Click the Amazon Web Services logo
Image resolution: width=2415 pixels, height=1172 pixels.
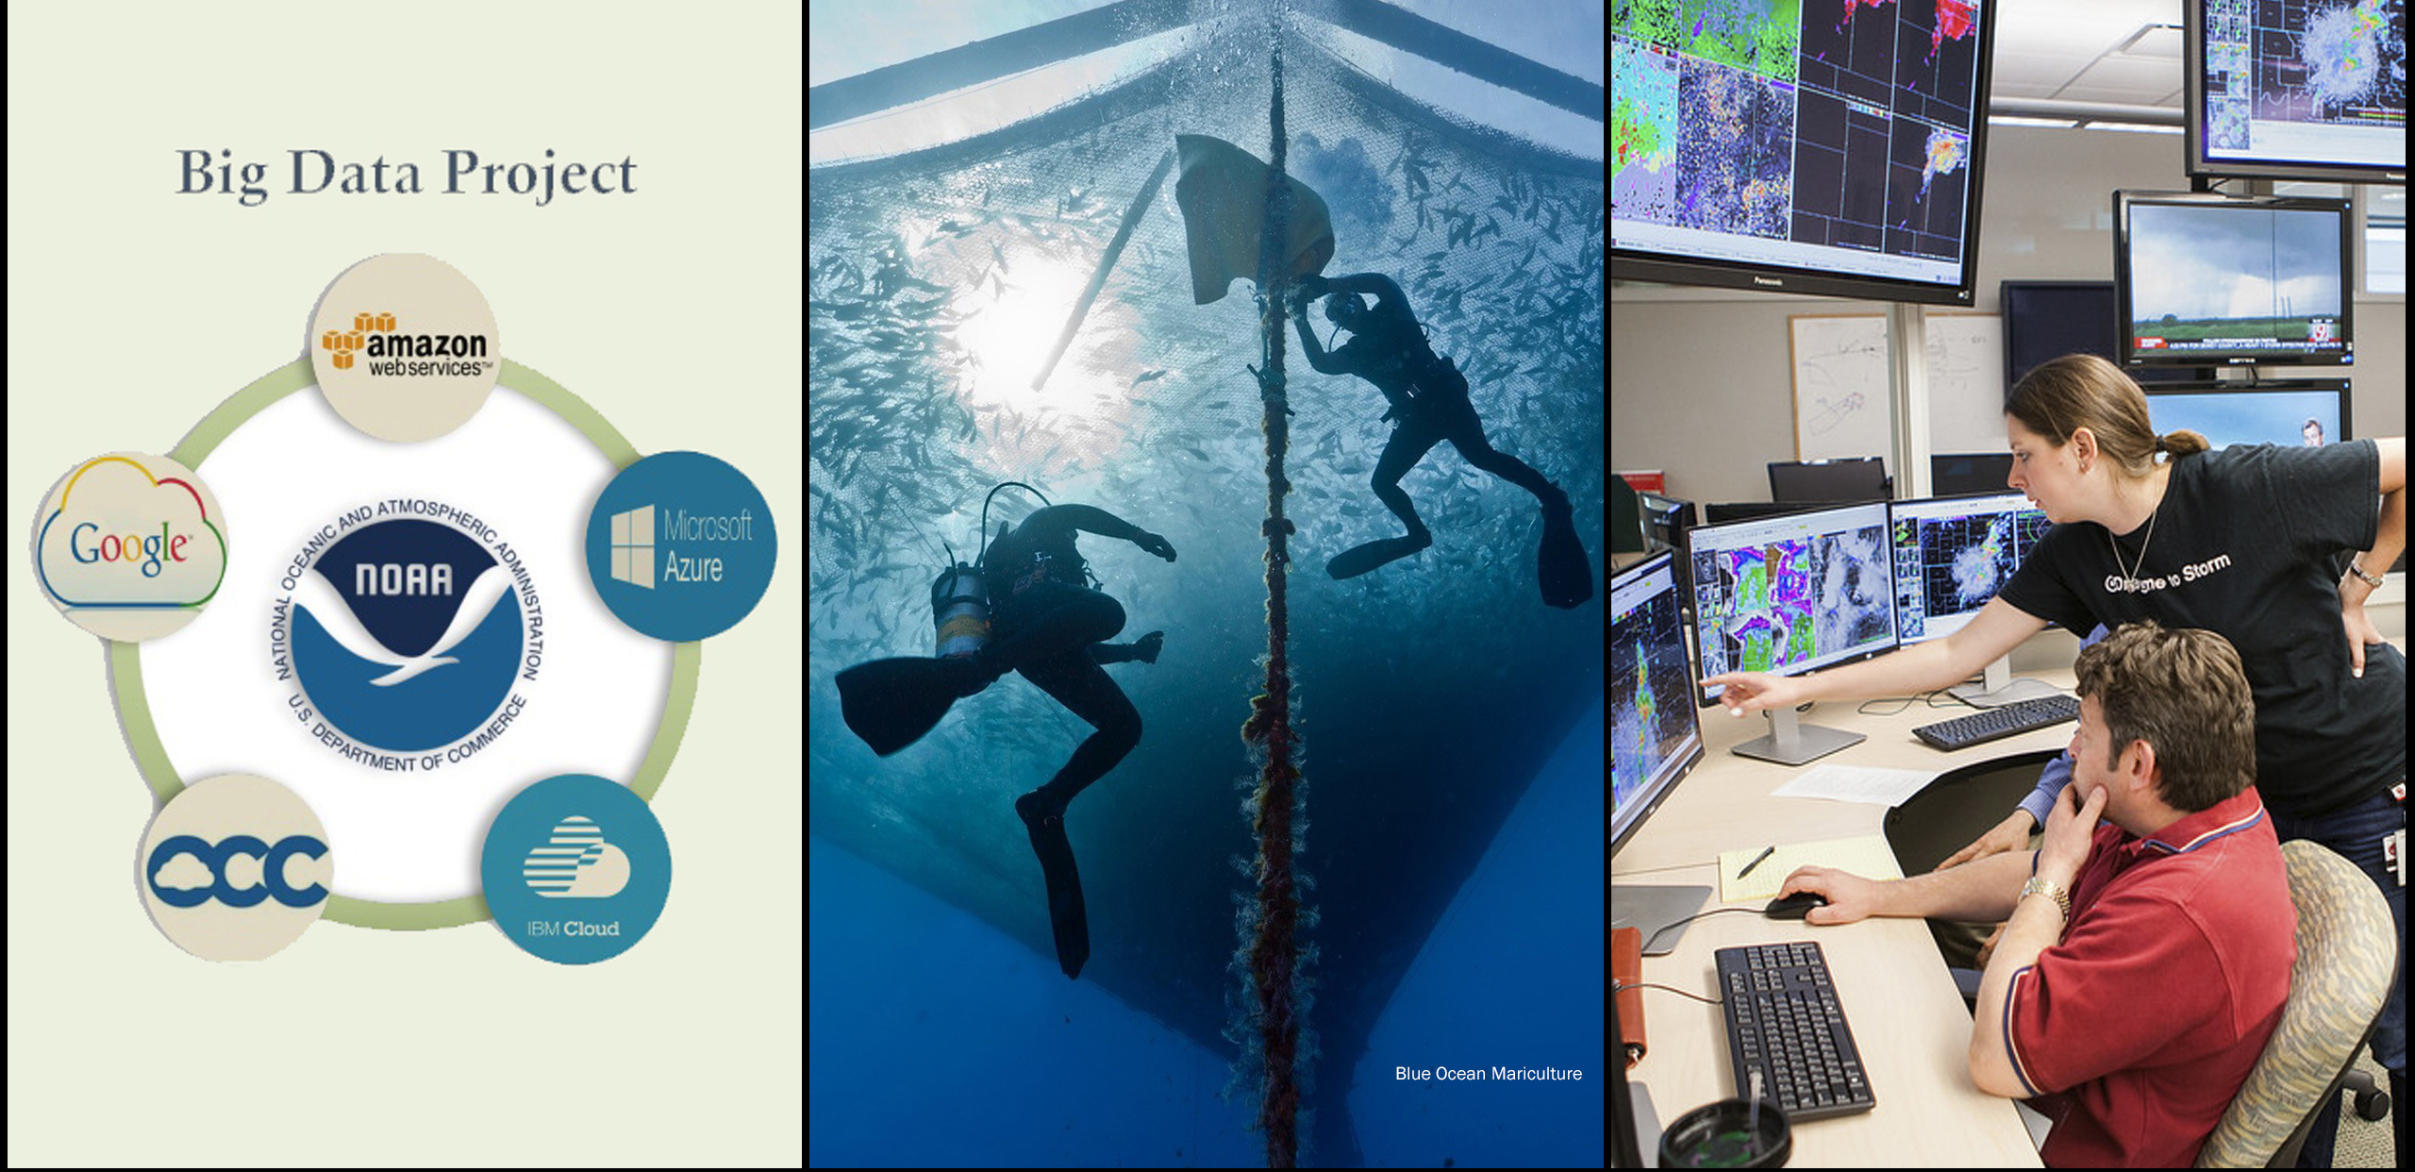(406, 347)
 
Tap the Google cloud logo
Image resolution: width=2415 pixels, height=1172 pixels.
(129, 545)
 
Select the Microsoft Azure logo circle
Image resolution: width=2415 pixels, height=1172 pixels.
(681, 545)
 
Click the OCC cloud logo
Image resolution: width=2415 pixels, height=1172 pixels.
(237, 868)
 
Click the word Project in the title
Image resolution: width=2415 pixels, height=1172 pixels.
(540, 175)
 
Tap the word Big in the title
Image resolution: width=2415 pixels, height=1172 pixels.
(222, 175)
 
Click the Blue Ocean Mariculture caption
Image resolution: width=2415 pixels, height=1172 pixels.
(1488, 1074)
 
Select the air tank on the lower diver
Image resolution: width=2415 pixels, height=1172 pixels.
(960, 609)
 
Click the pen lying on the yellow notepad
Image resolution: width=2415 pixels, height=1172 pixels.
(1756, 861)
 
